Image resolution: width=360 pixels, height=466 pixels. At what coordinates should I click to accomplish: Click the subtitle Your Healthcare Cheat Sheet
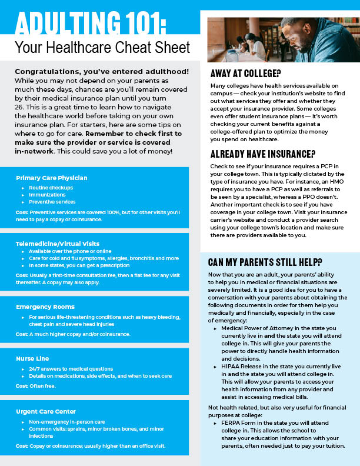[x=102, y=47]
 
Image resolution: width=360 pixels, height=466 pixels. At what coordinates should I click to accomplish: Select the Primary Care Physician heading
[x=52, y=178]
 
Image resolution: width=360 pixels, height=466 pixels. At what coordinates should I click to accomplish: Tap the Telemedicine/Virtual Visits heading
[x=58, y=243]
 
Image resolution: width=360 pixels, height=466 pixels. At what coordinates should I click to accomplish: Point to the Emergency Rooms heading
[x=45, y=307]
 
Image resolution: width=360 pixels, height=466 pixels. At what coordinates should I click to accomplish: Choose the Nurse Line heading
[x=32, y=358]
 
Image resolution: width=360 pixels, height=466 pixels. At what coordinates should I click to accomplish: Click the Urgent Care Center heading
[x=46, y=411]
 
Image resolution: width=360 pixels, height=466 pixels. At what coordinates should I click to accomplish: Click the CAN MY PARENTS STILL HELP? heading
[x=265, y=261]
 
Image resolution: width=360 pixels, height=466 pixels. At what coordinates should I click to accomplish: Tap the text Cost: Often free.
[x=36, y=386]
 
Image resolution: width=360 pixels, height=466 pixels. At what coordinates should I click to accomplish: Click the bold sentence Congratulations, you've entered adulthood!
[x=101, y=71]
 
